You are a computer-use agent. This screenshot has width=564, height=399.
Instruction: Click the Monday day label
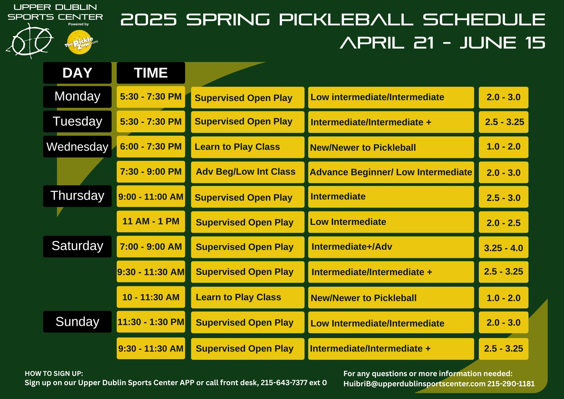77,97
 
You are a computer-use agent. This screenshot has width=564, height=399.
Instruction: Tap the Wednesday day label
77,147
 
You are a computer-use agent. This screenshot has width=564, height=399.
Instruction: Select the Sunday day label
77,322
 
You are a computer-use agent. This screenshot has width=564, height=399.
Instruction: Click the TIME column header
151,73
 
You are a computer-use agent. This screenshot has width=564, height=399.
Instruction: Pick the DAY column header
77,73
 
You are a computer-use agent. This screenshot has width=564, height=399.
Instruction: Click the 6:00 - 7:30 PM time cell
151,147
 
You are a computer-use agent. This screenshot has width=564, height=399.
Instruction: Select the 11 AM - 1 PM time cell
151,222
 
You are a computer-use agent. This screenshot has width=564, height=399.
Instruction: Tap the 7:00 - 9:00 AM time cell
151,247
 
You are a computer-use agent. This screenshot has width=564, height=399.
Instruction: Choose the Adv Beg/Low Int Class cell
248,172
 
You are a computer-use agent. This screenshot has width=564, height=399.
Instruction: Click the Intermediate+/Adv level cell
391,247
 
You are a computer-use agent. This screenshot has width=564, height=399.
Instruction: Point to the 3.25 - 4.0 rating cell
503,247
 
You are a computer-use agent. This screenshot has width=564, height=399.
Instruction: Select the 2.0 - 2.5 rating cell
503,222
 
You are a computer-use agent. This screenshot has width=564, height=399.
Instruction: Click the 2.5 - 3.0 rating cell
503,197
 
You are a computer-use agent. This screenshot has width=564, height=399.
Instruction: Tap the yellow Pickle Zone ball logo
80,42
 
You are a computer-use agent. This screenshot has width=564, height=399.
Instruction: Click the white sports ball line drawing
29,41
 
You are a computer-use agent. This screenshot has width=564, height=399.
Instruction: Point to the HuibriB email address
414,384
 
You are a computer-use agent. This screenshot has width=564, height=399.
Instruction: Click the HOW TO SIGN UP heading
54,374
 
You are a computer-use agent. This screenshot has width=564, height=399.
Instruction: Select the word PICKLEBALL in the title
346,19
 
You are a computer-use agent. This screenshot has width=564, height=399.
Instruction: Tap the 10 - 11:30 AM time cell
151,297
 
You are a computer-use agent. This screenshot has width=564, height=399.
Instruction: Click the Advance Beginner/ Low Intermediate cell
391,172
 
